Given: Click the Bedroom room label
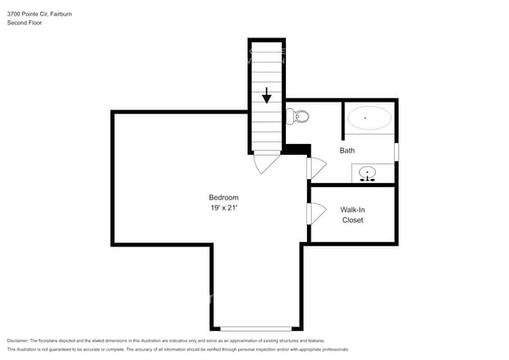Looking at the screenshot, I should point(223,197).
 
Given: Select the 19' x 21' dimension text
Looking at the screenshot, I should point(223,209).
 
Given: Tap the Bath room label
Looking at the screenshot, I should point(348,150).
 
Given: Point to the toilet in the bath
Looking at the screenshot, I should point(298,117).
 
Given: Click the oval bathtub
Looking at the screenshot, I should point(369,118).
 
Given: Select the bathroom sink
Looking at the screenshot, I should point(366,173).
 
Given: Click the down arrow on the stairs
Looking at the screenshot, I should point(267,95).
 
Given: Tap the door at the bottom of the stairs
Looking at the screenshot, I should point(266,162).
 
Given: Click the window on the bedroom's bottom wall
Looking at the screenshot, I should point(255,329).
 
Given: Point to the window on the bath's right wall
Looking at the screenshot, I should point(396,150).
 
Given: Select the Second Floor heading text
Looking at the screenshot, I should point(24,23).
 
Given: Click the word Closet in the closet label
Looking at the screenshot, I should point(352,220).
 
